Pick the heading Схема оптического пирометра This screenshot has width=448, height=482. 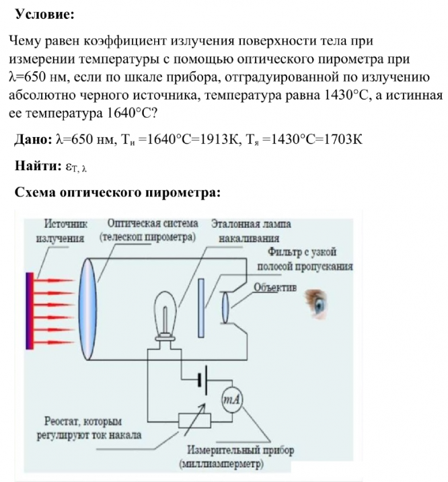click(x=117, y=192)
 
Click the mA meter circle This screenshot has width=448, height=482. click(x=232, y=399)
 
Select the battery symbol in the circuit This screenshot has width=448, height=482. click(x=202, y=380)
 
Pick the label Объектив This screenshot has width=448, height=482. click(x=274, y=287)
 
